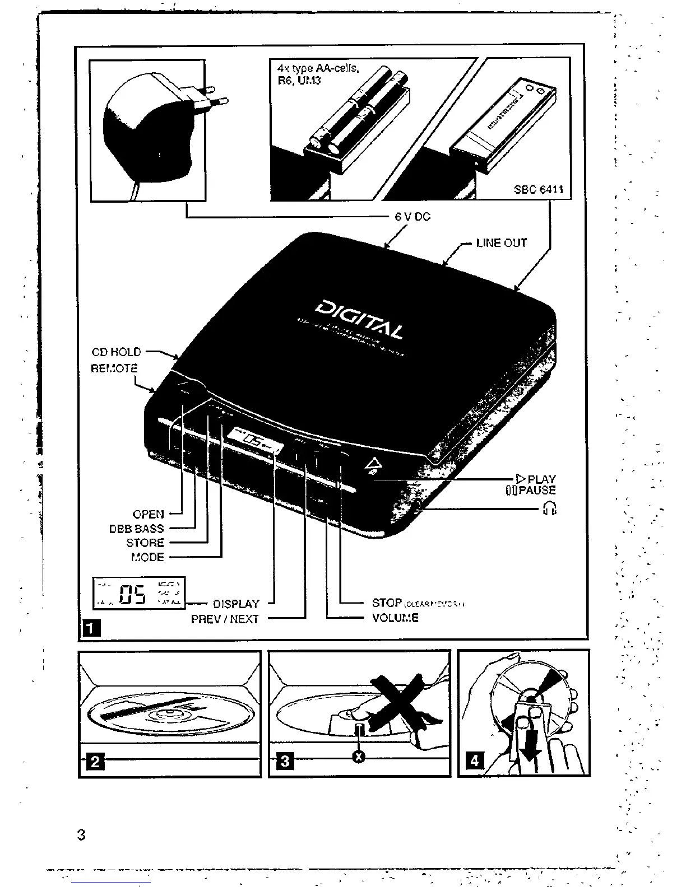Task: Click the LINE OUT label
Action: pyautogui.click(x=501, y=243)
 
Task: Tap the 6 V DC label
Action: pyautogui.click(x=412, y=217)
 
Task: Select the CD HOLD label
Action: pyautogui.click(x=116, y=352)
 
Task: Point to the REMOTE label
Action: pyautogui.click(x=114, y=368)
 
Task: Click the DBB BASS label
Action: pyautogui.click(x=136, y=529)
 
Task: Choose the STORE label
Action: pyautogui.click(x=145, y=543)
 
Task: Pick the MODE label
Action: pyautogui.click(x=147, y=557)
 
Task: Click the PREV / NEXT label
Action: pyautogui.click(x=225, y=619)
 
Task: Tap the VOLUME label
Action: pyautogui.click(x=395, y=618)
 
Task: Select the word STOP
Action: pyautogui.click(x=387, y=603)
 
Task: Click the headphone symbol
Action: pyautogui.click(x=550, y=508)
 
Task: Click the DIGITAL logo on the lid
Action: pyautogui.click(x=359, y=320)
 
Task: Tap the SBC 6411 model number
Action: pyautogui.click(x=539, y=189)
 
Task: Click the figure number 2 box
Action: pyautogui.click(x=95, y=762)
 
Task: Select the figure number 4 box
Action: pyautogui.click(x=475, y=760)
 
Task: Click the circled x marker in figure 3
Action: pyautogui.click(x=359, y=757)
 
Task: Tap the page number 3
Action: pyautogui.click(x=81, y=835)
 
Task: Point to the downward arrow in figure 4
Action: pyautogui.click(x=528, y=745)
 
